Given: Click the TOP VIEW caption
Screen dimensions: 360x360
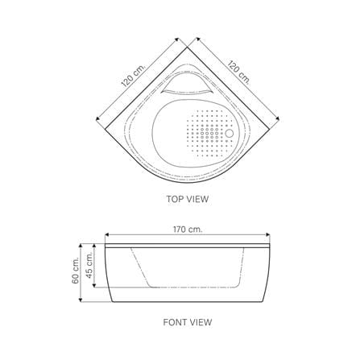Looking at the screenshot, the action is pos(187,199).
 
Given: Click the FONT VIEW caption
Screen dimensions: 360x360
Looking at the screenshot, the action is pos(188,322).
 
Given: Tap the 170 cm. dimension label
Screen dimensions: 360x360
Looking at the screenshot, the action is pos(188,230).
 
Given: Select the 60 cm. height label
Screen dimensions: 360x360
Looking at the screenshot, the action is pos(76,270).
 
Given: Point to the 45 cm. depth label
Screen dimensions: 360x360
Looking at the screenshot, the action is pos(89,266).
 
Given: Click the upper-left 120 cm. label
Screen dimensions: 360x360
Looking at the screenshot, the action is pos(133,76).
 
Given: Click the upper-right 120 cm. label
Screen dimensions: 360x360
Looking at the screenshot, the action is pos(238,72).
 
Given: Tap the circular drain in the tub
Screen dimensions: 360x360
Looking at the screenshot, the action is pos(230,134).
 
